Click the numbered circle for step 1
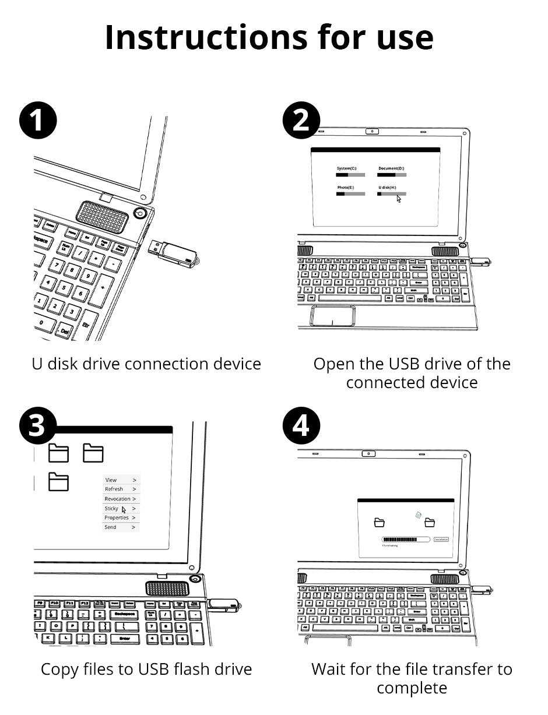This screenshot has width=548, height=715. [x=38, y=121]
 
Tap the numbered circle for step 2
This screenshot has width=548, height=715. [x=301, y=121]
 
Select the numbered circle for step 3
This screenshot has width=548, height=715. [x=38, y=427]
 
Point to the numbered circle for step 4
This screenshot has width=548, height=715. [x=301, y=427]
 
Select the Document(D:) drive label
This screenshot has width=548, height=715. [x=391, y=168]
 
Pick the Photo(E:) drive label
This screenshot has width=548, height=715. [x=345, y=188]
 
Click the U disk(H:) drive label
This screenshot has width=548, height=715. [x=387, y=188]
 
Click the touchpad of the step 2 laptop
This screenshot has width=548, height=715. [x=333, y=315]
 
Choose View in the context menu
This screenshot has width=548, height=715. [x=111, y=480]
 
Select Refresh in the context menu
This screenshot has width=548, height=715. [x=114, y=489]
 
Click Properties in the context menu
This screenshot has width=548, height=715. [x=116, y=517]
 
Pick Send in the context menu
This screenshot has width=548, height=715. [x=110, y=527]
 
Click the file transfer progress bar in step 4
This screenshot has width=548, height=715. [x=405, y=540]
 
